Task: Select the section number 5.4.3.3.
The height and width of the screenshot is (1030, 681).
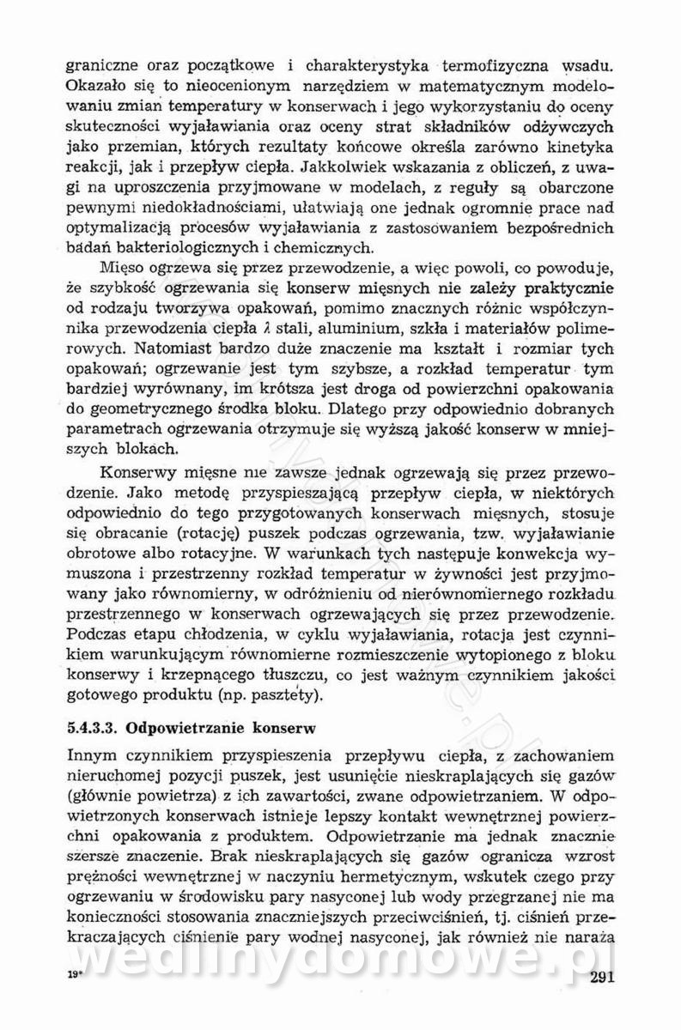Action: pyautogui.click(x=90, y=727)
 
